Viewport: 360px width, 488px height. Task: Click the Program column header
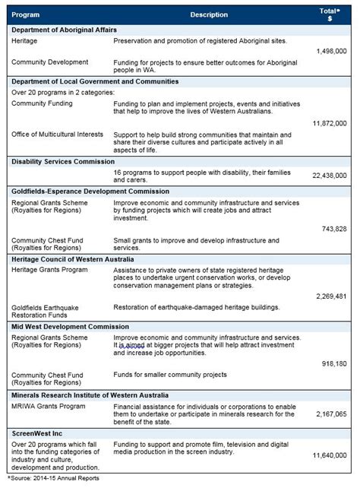tap(27, 14)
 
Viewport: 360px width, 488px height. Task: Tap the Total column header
tap(329, 14)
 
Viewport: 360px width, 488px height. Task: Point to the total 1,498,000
tap(330, 51)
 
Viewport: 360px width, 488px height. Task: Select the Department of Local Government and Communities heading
tap(95, 81)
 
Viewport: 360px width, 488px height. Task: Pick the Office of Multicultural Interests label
tap(58, 135)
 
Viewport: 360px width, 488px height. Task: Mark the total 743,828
tap(334, 228)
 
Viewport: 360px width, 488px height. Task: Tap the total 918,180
tap(334, 364)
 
